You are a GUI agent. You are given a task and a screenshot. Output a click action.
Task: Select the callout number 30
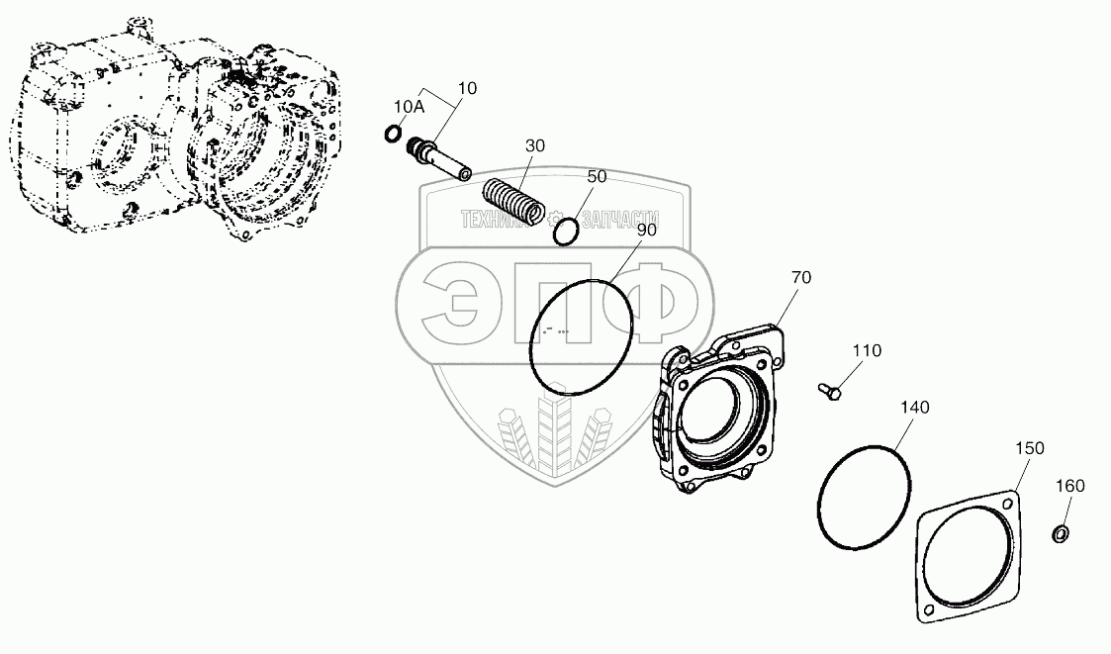point(534,145)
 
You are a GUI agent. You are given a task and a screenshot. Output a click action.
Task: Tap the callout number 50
point(597,176)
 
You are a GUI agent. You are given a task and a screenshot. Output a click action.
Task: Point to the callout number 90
point(645,230)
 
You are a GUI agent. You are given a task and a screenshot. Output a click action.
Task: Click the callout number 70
point(800,278)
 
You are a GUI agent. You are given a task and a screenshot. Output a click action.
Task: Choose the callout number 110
point(866,350)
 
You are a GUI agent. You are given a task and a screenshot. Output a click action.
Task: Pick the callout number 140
point(914,408)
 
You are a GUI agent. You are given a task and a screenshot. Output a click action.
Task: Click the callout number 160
point(1070,486)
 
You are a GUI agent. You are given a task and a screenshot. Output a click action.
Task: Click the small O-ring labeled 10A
point(393,134)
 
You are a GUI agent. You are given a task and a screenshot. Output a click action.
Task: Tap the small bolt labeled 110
point(828,391)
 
